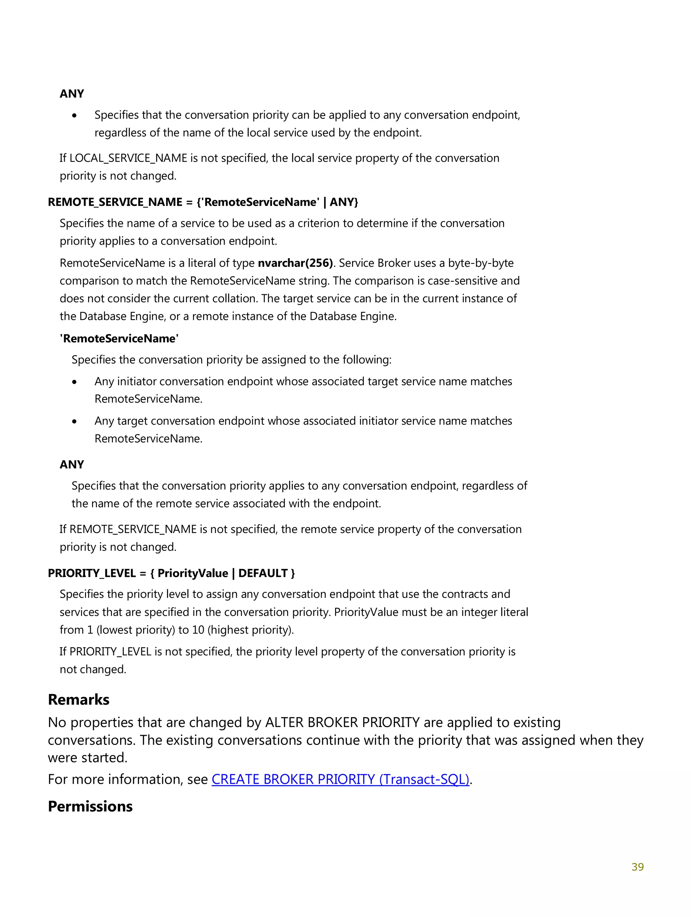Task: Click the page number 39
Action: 637,867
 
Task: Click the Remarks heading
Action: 78,700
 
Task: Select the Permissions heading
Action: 90,806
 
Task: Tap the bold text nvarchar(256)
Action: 295,263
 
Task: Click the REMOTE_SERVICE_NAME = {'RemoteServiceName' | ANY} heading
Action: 203,202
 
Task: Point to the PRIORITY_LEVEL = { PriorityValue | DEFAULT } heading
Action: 171,573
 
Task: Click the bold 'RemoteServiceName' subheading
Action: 119,339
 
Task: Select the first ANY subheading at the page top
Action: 72,94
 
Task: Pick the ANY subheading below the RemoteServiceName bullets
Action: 72,464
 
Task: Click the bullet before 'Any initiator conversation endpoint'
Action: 74,382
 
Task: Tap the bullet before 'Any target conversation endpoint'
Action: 74,421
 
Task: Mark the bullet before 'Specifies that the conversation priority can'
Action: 74,116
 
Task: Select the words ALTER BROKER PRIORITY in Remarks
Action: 342,723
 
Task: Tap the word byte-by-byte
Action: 480,263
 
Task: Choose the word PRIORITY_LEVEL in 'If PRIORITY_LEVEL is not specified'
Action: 110,652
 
